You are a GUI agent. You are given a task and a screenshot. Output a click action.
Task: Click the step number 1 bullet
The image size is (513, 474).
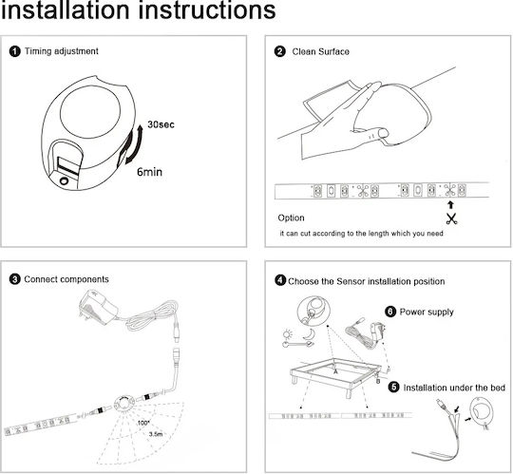[14, 51]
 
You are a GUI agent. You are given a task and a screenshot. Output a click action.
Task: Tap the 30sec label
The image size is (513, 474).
[161, 124]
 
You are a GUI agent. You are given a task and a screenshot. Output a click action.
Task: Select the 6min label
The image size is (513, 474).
[149, 172]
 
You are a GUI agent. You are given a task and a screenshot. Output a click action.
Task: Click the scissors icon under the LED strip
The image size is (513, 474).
[451, 218]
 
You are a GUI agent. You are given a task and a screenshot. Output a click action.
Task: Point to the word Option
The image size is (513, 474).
[291, 218]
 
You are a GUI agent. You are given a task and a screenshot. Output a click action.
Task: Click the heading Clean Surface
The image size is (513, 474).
[321, 51]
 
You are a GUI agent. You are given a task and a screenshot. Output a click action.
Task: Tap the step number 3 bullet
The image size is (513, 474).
[14, 279]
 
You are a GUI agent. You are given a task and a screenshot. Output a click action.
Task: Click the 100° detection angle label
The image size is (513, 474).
[142, 423]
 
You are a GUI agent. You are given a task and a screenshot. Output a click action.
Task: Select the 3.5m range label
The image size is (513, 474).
[156, 434]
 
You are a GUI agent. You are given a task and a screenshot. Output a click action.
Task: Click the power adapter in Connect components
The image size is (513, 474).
[98, 307]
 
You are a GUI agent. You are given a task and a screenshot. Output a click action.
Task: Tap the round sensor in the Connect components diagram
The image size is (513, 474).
[124, 405]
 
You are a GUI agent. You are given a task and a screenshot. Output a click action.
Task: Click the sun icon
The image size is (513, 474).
[288, 334]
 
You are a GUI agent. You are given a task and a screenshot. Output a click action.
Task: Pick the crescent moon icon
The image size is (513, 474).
[308, 334]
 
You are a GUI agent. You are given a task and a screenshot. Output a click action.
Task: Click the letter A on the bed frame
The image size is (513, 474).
[335, 371]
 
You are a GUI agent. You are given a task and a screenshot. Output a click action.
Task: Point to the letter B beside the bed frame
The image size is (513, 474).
[378, 381]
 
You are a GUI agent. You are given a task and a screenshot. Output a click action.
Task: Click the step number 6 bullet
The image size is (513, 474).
[390, 312]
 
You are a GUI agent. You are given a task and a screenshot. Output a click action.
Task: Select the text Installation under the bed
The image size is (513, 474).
[454, 388]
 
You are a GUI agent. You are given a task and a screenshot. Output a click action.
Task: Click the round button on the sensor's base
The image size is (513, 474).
[64, 180]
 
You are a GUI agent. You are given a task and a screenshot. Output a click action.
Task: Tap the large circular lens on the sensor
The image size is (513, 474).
[90, 109]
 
